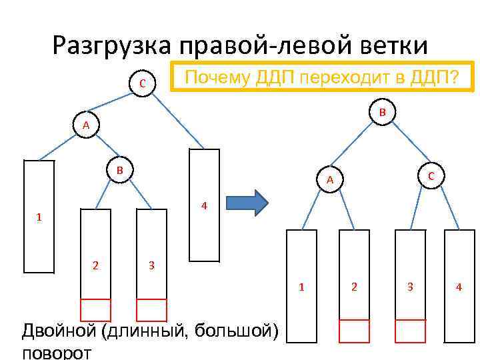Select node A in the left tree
[x=85, y=125]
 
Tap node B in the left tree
[x=121, y=170]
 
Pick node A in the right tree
[x=329, y=179]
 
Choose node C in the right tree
[x=431, y=175]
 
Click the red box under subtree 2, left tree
[x=95, y=309]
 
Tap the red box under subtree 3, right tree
[x=410, y=331]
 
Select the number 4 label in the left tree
[x=205, y=205]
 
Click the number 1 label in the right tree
[x=301, y=287]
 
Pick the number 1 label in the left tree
[x=39, y=217]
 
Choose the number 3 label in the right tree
[x=410, y=287]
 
